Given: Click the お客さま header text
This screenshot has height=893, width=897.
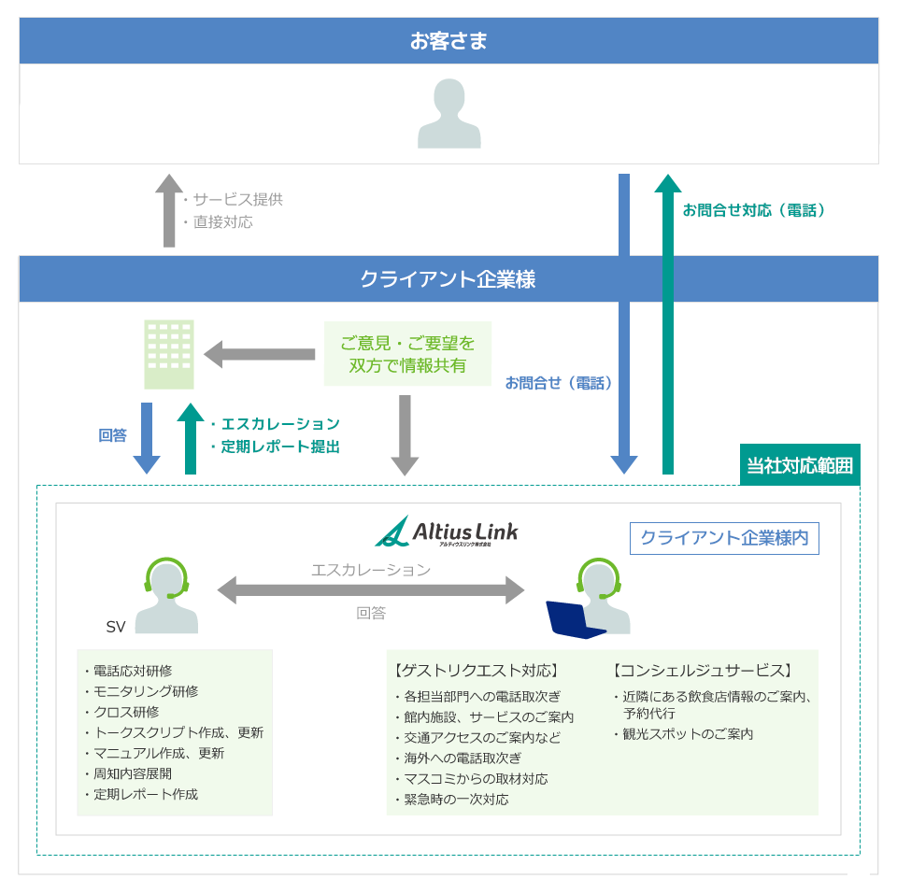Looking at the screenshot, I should click(x=448, y=41).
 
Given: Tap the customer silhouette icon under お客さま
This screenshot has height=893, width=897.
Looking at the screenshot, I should click(x=448, y=114).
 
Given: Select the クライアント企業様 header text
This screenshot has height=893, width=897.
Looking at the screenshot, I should click(x=448, y=279).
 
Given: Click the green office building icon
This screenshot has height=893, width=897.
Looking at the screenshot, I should click(x=169, y=355).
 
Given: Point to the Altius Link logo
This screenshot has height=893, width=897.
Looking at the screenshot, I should click(x=447, y=532).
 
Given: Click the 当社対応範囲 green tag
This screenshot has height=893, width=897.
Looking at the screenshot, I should click(x=800, y=465).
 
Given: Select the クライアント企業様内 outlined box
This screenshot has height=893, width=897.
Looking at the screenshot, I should click(x=724, y=538).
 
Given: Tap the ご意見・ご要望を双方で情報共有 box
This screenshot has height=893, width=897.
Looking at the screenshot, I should click(x=407, y=354).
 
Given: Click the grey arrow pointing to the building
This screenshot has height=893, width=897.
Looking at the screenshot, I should click(x=260, y=354).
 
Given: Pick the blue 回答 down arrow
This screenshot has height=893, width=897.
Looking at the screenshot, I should click(x=147, y=438).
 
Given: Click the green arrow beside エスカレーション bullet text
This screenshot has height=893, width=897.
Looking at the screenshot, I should click(x=191, y=438).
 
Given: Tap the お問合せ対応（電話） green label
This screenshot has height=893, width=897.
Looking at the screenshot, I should click(x=754, y=210).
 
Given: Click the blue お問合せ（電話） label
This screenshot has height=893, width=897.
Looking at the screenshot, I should click(x=558, y=382).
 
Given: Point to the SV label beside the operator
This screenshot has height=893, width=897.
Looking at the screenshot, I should click(x=116, y=627).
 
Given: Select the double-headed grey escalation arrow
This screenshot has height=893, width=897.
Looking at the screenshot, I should click(x=371, y=590).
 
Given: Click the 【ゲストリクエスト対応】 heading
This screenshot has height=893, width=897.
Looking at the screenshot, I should click(x=477, y=671).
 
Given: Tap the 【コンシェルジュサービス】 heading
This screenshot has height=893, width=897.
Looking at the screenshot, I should click(x=703, y=671).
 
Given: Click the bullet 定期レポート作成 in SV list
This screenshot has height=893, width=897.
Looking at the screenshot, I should click(x=145, y=794).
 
